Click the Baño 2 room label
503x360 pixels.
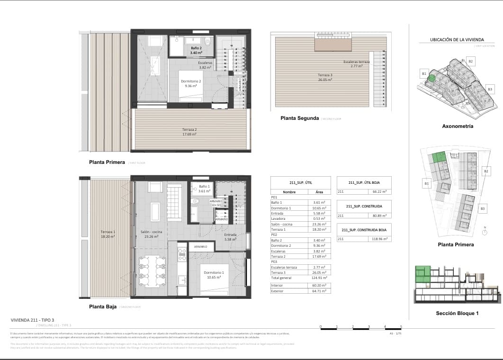(197, 48)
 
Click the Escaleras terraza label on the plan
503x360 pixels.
(357, 62)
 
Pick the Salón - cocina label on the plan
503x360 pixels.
(152, 232)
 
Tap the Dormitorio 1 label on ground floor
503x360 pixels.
(214, 273)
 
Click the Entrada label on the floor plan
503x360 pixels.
(230, 234)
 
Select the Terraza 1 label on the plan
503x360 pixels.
(108, 232)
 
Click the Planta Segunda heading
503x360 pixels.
(299, 118)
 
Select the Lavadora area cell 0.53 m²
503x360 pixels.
(320, 218)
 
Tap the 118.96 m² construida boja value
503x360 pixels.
(380, 239)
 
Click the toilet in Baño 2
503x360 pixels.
(207, 41)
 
